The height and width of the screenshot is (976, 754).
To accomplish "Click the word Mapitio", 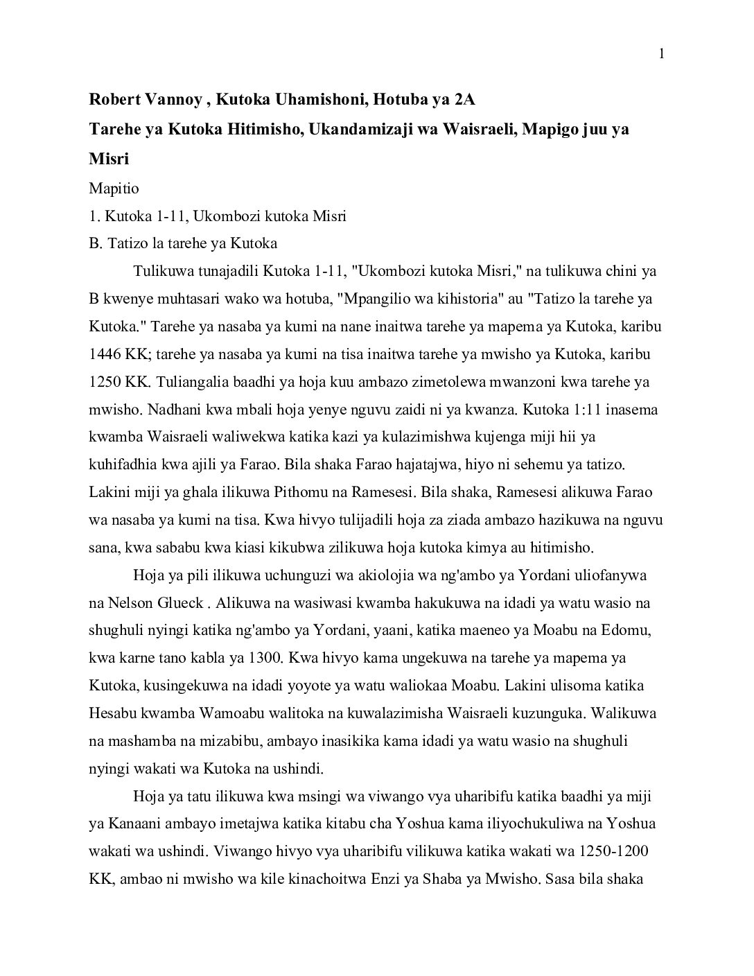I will [114, 188].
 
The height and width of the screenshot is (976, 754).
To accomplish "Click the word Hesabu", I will [112, 713].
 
